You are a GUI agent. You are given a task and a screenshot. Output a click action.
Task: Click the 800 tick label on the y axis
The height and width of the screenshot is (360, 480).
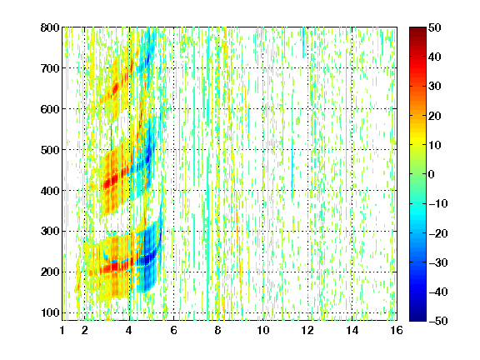pyautogui.click(x=50, y=27)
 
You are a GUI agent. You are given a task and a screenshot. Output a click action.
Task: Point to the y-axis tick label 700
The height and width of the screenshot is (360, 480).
pyautogui.click(x=50, y=68)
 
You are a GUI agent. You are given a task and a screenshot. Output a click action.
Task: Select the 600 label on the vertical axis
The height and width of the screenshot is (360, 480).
pyautogui.click(x=50, y=109)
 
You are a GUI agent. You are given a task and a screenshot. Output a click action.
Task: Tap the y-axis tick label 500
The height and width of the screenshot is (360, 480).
pyautogui.click(x=50, y=150)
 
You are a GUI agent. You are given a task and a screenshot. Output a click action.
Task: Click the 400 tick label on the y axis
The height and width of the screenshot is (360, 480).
pyautogui.click(x=50, y=191)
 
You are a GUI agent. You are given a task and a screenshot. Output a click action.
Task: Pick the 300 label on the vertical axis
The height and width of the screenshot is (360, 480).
pyautogui.click(x=50, y=232)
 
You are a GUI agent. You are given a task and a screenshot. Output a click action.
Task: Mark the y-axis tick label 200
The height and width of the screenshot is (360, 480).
pyautogui.click(x=50, y=272)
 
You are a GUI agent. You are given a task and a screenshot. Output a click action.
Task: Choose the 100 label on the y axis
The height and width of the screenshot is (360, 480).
pyautogui.click(x=50, y=312)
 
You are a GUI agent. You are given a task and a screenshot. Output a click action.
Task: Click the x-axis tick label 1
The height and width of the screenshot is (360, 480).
pyautogui.click(x=62, y=330)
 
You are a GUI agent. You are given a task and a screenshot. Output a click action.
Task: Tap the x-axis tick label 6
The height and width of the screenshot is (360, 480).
pyautogui.click(x=174, y=330)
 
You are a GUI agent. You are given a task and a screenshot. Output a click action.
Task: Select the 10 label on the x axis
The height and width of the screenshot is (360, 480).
pyautogui.click(x=263, y=330)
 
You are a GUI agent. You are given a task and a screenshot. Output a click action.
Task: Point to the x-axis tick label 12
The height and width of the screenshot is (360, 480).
pyautogui.click(x=307, y=330)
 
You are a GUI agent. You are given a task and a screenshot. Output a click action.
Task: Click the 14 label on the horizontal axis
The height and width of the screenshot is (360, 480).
pyautogui.click(x=352, y=330)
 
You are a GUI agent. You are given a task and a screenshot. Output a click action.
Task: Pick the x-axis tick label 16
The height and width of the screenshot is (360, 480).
pyautogui.click(x=397, y=330)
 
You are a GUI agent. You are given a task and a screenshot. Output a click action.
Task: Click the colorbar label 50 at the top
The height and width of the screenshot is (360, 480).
pyautogui.click(x=435, y=27)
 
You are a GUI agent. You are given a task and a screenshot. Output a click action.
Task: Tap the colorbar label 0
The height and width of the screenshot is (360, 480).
pyautogui.click(x=432, y=174)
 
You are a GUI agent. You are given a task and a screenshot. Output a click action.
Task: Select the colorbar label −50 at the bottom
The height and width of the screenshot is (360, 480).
pyautogui.click(x=438, y=321)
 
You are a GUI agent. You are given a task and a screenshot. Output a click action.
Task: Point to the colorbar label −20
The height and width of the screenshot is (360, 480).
pyautogui.click(x=438, y=233)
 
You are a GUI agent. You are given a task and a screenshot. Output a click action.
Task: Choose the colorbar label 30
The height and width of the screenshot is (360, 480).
pyautogui.click(x=435, y=87)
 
